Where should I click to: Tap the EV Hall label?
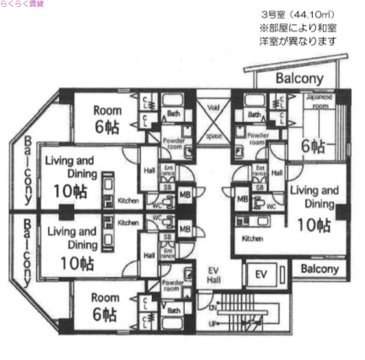pos(214,275)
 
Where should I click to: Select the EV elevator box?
pos(261,274)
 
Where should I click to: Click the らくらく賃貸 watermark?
pos(22,4)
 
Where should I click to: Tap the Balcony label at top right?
pos(299,78)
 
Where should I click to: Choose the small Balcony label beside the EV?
pos(320,268)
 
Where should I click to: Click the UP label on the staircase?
pos(213,324)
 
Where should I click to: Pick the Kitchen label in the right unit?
pos(252,238)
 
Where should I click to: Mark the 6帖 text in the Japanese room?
pos(313,146)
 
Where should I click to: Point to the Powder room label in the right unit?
pos(258,139)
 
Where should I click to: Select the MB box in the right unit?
pos(242,199)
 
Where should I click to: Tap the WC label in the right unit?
pos(271,206)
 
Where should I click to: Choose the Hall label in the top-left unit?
pos(149,170)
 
